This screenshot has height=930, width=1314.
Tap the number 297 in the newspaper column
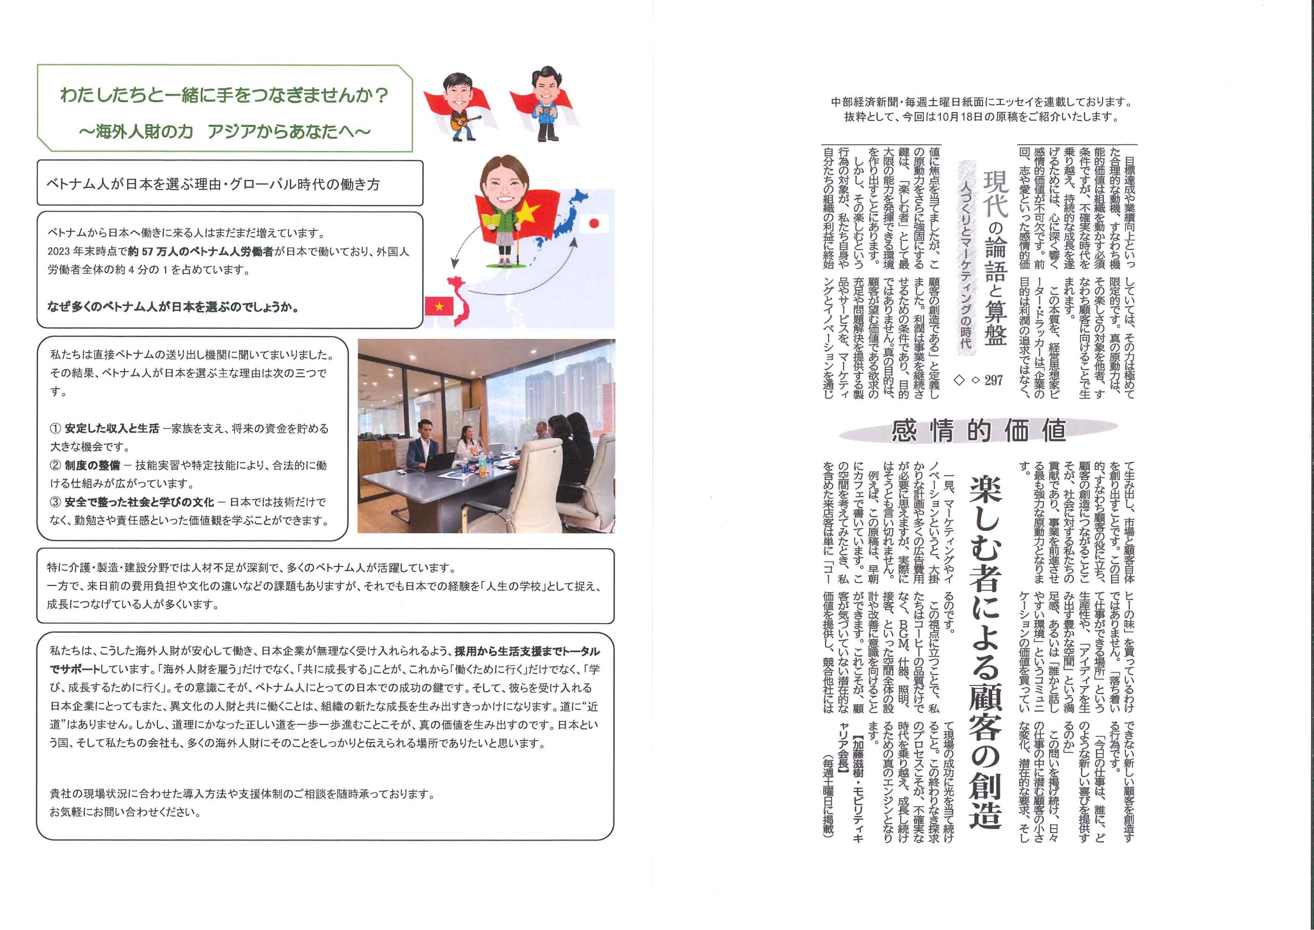994,379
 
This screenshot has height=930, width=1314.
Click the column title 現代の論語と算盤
995,258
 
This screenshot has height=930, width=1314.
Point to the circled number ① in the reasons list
55,428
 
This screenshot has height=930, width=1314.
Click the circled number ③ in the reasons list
55,502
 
